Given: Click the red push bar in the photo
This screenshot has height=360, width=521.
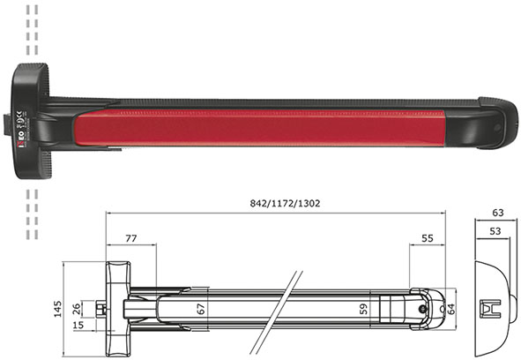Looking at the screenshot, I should (264, 121).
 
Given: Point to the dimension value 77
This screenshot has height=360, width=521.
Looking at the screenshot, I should (130, 238).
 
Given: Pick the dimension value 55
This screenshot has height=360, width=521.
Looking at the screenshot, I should (427, 238).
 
